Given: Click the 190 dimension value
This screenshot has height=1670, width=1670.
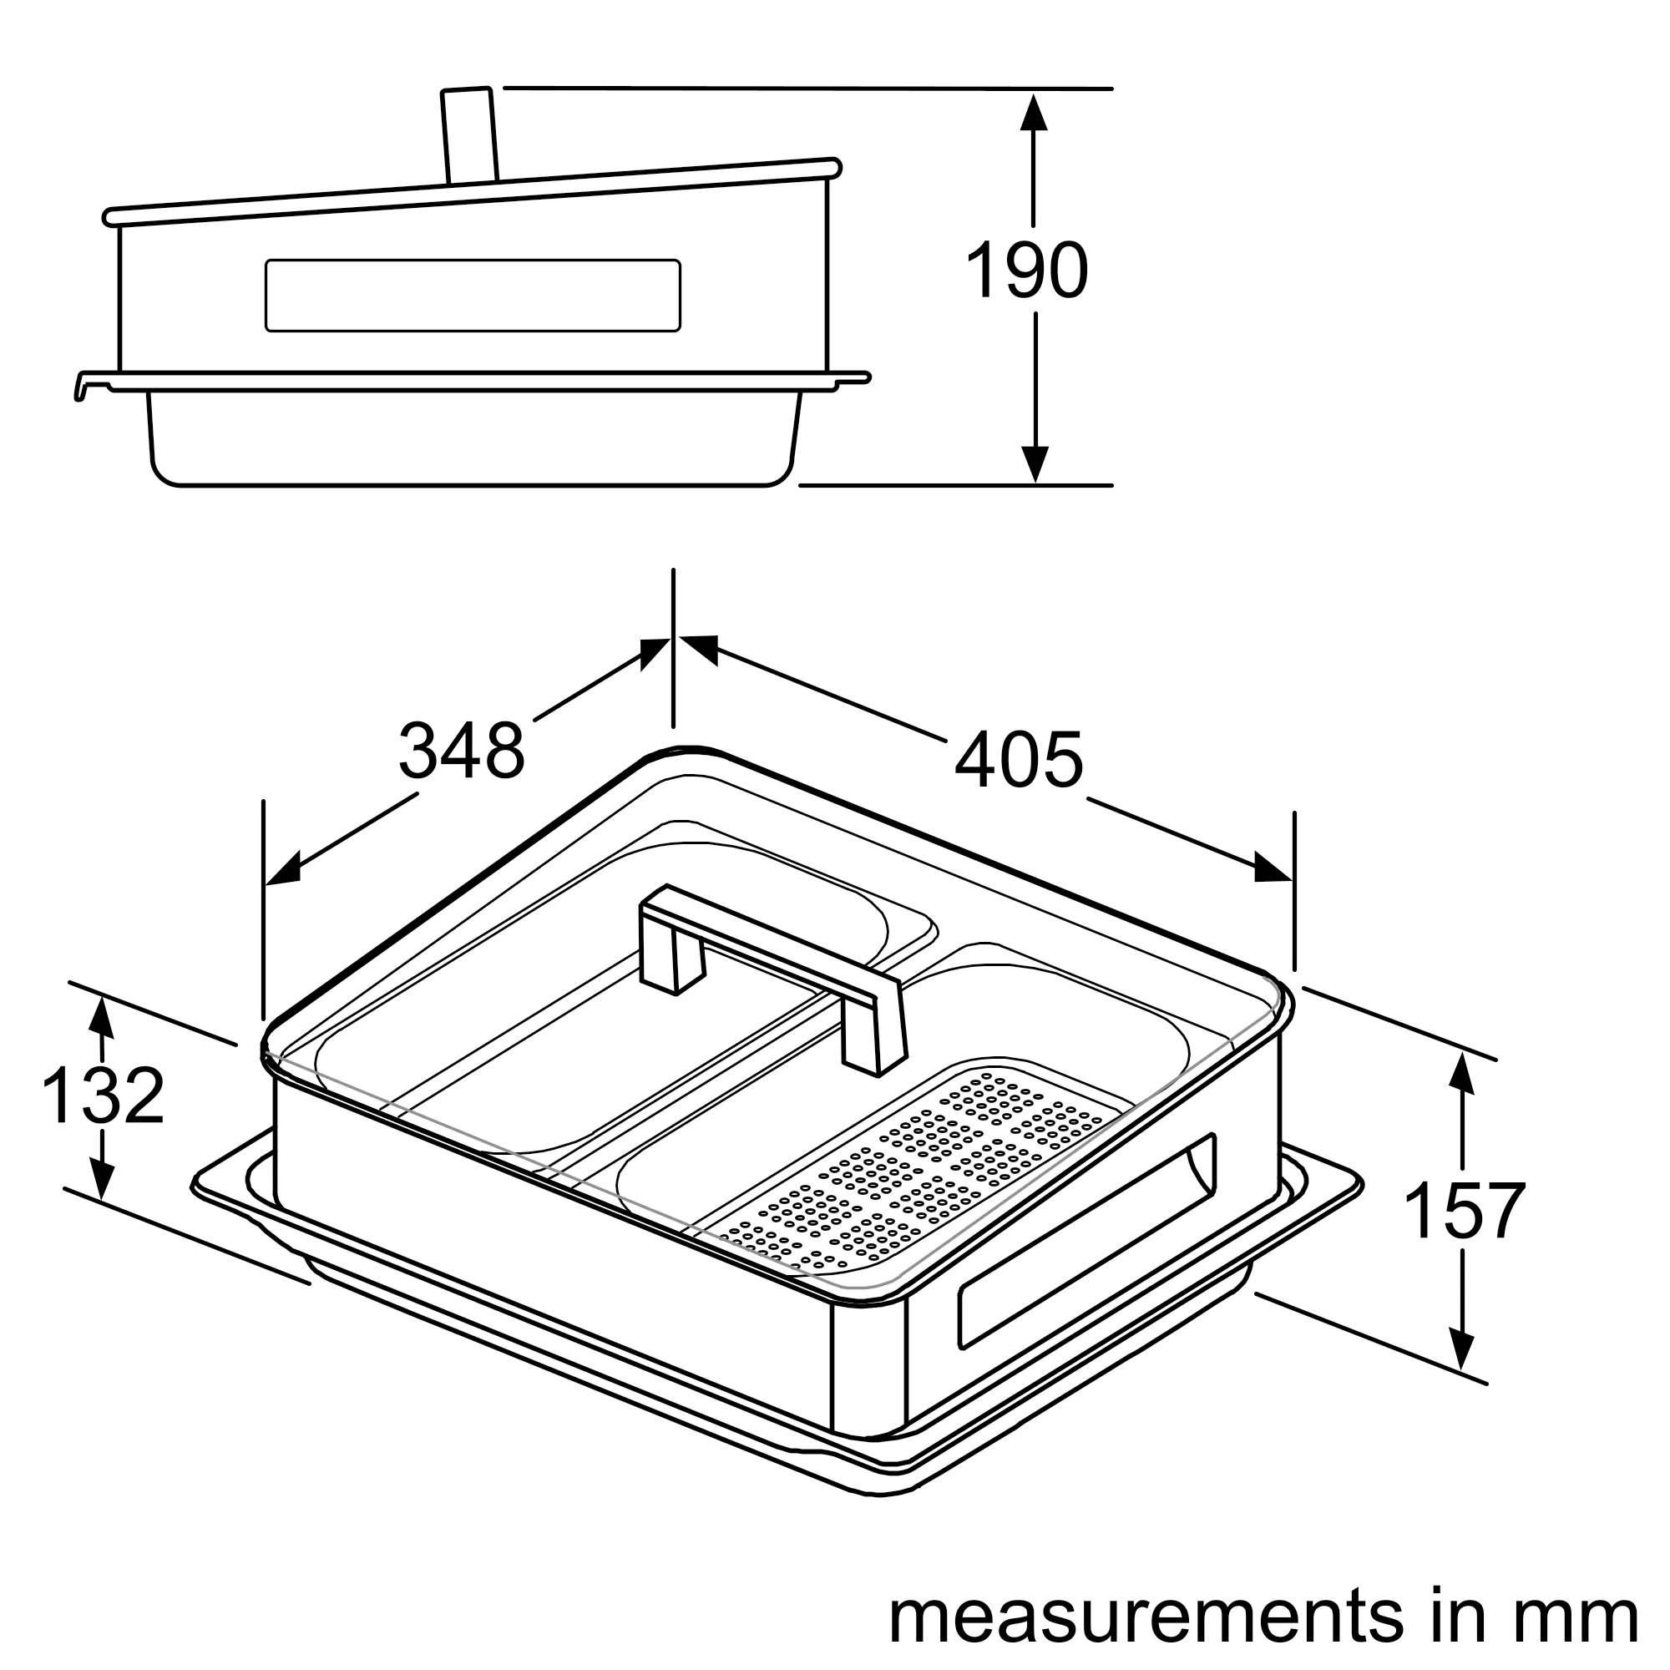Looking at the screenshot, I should (1026, 271).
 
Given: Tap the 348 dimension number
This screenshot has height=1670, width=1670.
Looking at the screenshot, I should (462, 751).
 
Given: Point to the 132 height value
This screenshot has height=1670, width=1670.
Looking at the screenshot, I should (103, 1096).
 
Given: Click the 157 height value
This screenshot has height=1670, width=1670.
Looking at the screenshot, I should (1465, 1212).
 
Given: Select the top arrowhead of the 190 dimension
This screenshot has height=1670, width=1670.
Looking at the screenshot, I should (1034, 113).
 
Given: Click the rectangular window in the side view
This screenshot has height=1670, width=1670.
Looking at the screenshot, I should (473, 295).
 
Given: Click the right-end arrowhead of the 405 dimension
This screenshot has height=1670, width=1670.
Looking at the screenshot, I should (1273, 868).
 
